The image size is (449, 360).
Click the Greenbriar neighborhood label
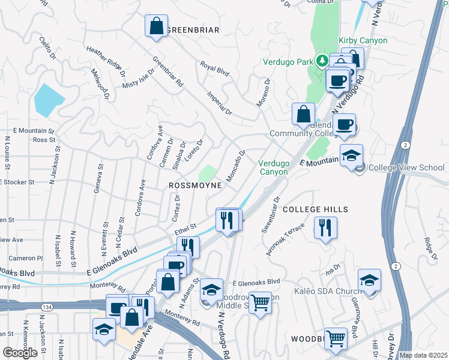pyautogui.click(x=193, y=29)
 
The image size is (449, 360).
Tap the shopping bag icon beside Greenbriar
pyautogui.click(x=156, y=26)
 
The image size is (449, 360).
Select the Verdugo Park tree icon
pyautogui.click(x=322, y=61)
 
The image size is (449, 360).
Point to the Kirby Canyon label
pyautogui.click(x=363, y=40)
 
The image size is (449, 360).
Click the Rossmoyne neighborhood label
pyautogui.click(x=195, y=186)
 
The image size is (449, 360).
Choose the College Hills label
pyautogui.click(x=315, y=209)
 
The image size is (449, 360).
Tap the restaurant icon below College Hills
pyautogui.click(x=325, y=228)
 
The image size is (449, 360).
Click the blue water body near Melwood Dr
pyautogui.click(x=47, y=99)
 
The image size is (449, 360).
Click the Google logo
pyautogui.click(x=20, y=352)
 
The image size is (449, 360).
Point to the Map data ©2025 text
pyautogui.click(x=423, y=355)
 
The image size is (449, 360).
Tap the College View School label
pyautogui.click(x=406, y=167)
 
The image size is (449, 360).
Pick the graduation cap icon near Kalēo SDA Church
pyautogui.click(x=369, y=281)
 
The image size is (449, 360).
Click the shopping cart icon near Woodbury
pyautogui.click(x=336, y=338)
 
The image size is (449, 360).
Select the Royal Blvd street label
pyautogui.click(x=215, y=69)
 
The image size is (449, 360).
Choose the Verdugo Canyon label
pyautogui.click(x=273, y=167)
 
